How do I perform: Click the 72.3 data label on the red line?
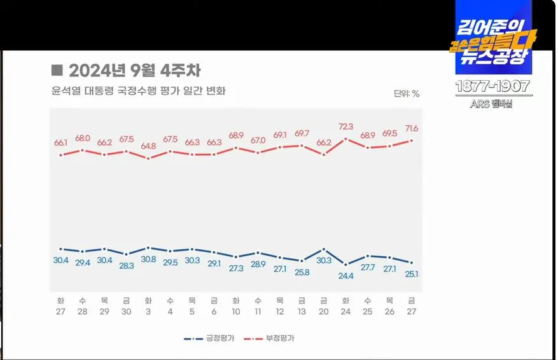[x=346, y=127]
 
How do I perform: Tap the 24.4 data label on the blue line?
[x=345, y=275]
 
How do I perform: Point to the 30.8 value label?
[x=148, y=260]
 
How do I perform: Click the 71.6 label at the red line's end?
[x=412, y=128]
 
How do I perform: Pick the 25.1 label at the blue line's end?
[x=412, y=274]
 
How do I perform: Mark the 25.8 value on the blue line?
[x=302, y=272]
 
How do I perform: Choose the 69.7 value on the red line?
[x=302, y=134]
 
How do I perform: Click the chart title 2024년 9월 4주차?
[x=134, y=71]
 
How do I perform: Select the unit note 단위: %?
[x=407, y=93]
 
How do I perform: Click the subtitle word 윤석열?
[x=66, y=91]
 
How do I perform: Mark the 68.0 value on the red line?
[x=83, y=138]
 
